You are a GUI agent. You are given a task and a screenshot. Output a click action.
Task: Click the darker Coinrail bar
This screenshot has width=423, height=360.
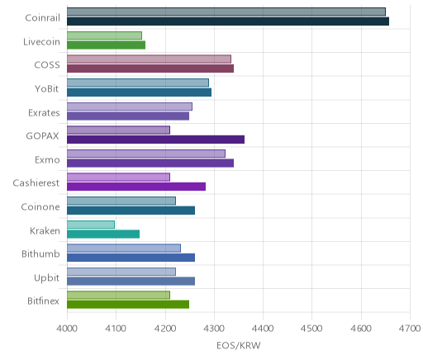coord(228,21)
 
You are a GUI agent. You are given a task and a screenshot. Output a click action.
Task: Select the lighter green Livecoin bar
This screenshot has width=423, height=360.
coord(104,36)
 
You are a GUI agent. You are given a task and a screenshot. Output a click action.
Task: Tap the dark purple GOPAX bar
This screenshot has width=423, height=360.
coord(155,140)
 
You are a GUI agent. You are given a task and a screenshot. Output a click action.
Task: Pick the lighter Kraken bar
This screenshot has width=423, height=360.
coord(91,225)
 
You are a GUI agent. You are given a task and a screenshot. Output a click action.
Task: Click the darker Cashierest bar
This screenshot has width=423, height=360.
coord(136,187)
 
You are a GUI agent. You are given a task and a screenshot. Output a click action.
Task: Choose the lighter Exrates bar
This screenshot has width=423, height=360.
coord(130,107)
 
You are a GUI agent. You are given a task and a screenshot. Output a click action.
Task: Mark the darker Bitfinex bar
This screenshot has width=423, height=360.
coord(128,305)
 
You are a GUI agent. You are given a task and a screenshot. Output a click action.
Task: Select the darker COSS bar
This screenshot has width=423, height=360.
coord(150,69)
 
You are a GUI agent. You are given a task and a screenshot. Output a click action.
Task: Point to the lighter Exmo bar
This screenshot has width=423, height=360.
coord(146,154)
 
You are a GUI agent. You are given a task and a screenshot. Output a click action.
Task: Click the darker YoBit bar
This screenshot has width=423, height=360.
coord(139,92)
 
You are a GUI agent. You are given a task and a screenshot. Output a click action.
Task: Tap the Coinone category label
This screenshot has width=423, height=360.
coord(40,206)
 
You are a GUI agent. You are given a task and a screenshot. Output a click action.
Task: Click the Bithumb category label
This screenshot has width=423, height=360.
coord(40,253)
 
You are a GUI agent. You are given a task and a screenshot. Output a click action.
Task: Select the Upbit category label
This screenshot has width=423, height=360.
coord(47,278)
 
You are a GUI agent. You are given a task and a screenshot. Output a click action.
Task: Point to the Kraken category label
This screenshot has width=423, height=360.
coord(45,230)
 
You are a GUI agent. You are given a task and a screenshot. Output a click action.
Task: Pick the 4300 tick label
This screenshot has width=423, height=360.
coord(214,329)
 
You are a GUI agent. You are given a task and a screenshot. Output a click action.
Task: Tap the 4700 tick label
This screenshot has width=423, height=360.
coord(410,329)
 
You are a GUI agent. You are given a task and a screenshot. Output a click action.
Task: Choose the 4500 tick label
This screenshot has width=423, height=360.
coord(312,329)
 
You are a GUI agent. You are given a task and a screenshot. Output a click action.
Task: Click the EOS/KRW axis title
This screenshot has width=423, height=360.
coord(239,345)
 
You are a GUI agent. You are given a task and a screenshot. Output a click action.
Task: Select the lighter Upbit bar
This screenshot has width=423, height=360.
coord(121,272)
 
